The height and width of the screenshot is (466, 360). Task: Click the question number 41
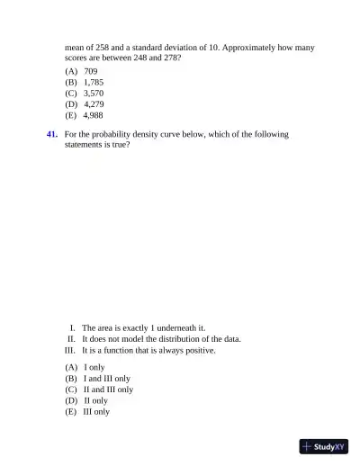(x=52, y=134)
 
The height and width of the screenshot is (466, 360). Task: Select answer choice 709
(x=91, y=70)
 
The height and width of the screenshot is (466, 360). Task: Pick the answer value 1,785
(x=93, y=82)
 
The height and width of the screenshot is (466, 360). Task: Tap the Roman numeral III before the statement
(x=70, y=351)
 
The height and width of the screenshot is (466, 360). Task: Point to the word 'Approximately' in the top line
(x=260, y=46)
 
